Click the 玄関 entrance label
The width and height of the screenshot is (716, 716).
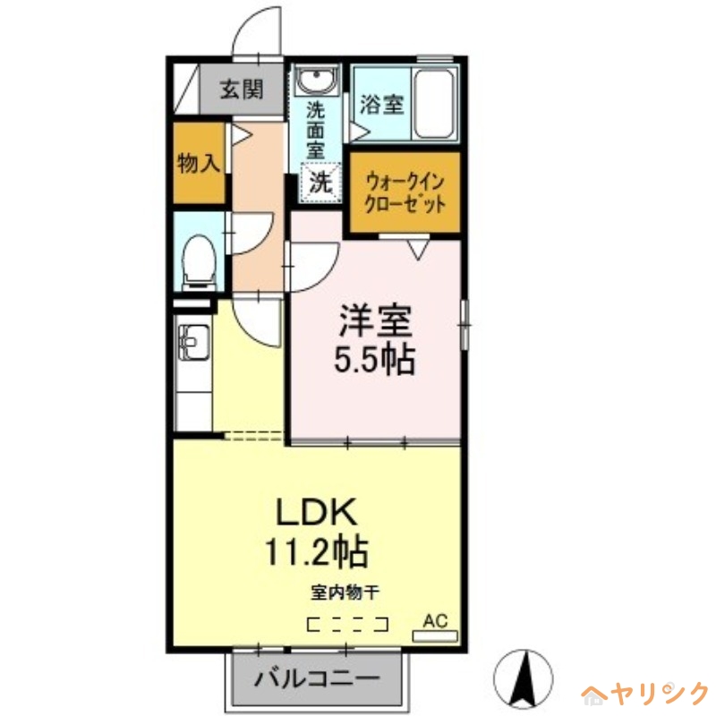coord(242,89)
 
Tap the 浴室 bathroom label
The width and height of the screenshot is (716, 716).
coord(381,104)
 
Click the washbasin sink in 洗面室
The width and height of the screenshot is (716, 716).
coord(316,82)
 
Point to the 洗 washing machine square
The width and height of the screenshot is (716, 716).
coord(320,183)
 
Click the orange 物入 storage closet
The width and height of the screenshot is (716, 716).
coord(198,163)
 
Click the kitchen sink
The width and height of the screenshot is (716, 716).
coord(191,342)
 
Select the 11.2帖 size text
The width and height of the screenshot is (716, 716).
coord(317,551)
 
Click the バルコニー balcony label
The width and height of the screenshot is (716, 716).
coord(315,678)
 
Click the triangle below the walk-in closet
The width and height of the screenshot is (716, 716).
coord(418,249)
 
